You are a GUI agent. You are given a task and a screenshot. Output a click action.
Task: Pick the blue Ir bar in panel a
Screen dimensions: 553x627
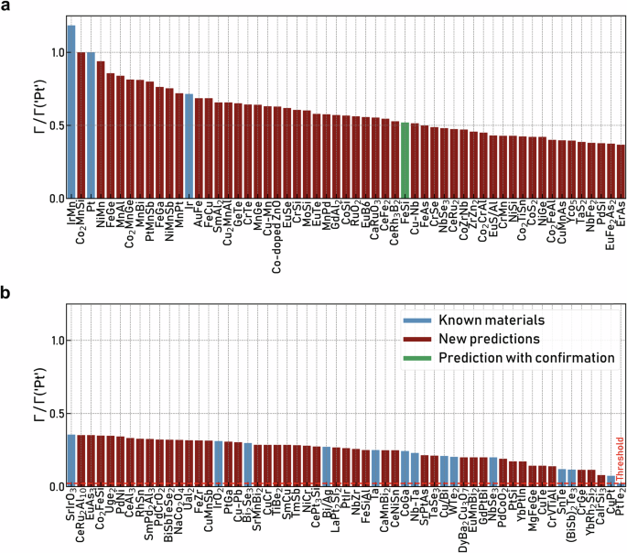[189, 146]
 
